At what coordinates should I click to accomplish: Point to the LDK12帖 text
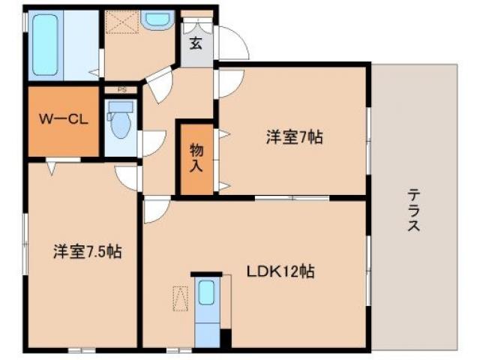coord(281,272)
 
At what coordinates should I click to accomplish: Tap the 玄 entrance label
coord(196,43)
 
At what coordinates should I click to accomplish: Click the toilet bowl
coord(120,123)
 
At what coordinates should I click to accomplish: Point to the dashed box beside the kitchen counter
coord(181,299)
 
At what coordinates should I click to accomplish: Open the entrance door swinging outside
coord(234,43)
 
